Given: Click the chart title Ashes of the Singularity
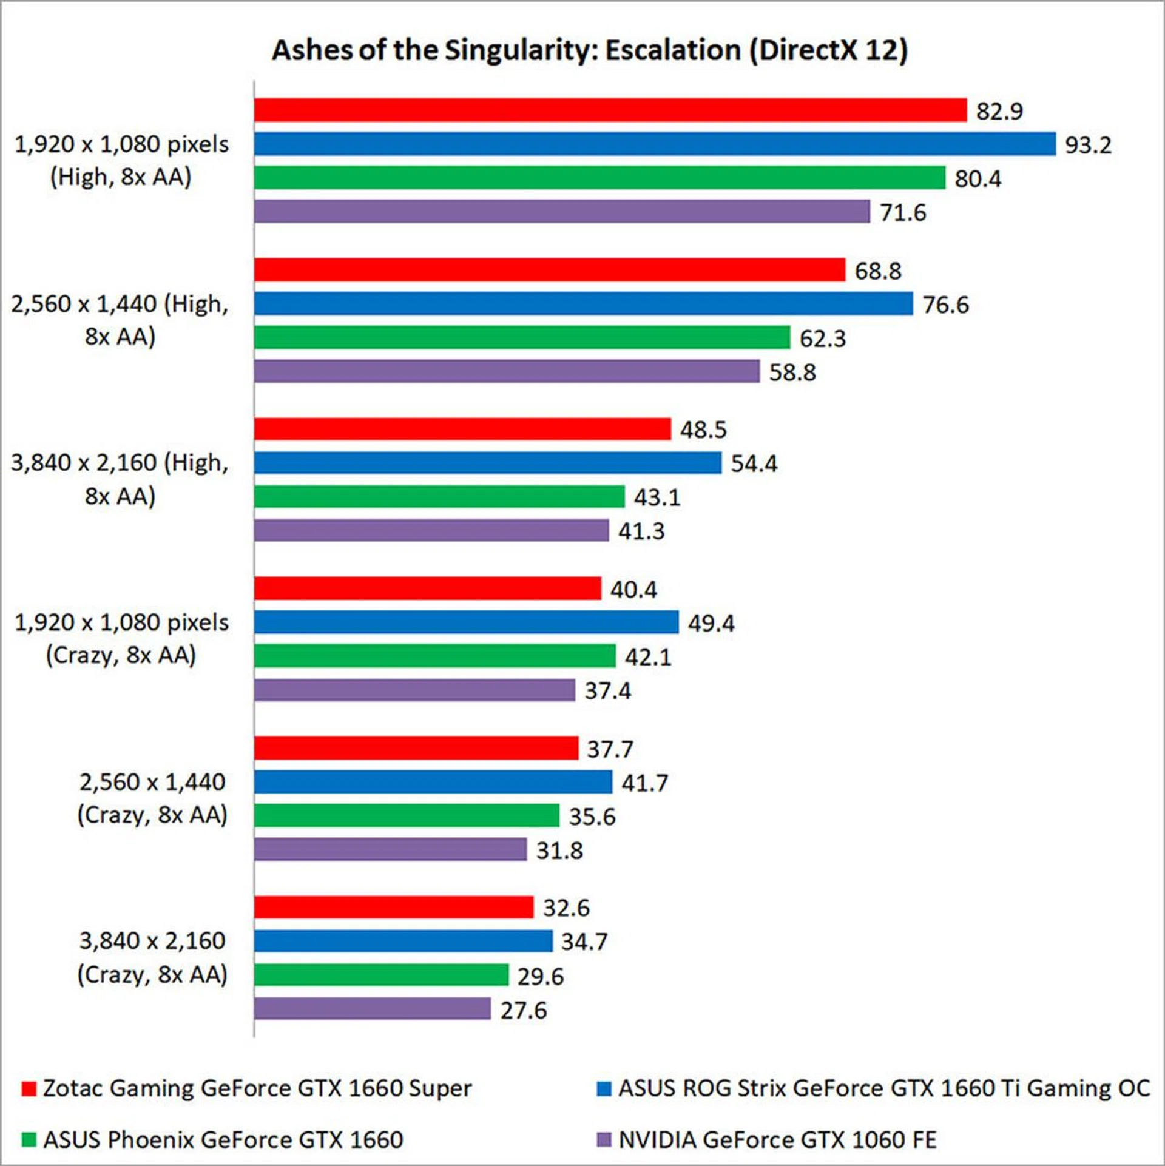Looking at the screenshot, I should pos(589,50).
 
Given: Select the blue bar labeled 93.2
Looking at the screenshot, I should pos(654,144).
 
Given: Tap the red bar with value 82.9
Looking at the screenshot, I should pos(610,110).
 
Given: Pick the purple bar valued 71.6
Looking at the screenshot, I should pos(561,212).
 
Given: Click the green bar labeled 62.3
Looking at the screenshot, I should pos(522,338).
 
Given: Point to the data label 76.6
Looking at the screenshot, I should pos(945,305).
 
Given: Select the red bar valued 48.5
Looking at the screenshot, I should pos(462,429).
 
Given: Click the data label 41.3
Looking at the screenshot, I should pos(641,531).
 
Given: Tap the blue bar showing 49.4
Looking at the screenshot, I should pos(466,622).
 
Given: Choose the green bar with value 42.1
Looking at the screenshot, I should pos(434,656).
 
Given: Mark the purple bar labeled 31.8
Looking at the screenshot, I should pos(390,850).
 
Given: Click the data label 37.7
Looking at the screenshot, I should pos(610,749).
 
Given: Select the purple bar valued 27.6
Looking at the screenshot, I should pos(372,1009).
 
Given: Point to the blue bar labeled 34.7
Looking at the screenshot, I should pos(403,942).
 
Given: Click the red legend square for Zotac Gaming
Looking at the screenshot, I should pos(29,1089).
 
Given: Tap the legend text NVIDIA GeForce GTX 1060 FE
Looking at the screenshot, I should pos(777,1140).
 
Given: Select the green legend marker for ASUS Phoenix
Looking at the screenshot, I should pos(29,1140).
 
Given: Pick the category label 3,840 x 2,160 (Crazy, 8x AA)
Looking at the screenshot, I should pos(152,958).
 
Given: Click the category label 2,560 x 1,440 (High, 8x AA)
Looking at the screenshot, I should pos(120,320).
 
